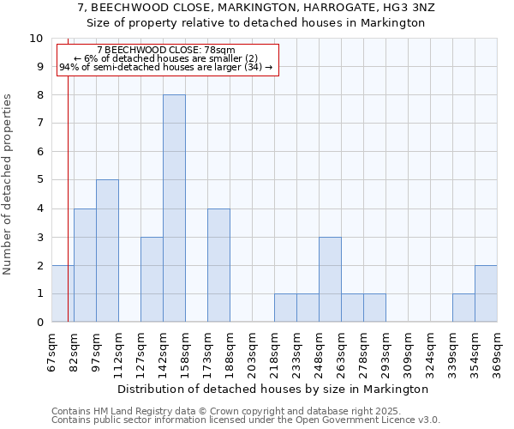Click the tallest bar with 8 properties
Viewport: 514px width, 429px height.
tap(174, 208)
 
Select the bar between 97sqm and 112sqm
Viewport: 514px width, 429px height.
tap(107, 251)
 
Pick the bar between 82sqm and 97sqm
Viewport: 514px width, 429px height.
tap(85, 265)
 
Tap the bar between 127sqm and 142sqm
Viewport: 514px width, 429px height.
tap(152, 279)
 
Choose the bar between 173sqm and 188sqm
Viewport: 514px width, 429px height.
tap(218, 265)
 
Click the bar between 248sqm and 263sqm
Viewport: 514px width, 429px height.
tap(330, 279)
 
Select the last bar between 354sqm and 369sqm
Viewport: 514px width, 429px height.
tap(486, 293)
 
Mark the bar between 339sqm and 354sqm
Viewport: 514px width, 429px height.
tap(463, 307)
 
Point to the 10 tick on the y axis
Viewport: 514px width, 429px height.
tap(36, 39)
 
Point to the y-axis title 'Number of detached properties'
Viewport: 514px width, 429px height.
tap(9, 184)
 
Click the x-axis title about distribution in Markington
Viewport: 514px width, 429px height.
tap(274, 389)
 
